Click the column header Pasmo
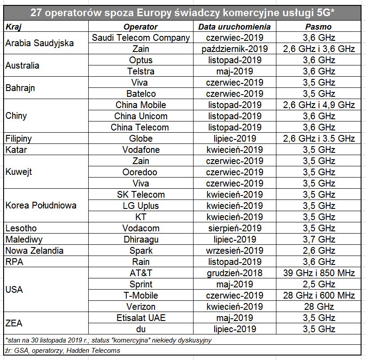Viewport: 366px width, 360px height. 319,27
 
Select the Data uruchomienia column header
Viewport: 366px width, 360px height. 234,27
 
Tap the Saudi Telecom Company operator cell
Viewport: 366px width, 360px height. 141,38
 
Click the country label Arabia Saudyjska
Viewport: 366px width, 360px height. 39,43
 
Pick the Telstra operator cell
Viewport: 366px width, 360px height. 141,71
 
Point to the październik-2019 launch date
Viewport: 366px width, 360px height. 235,49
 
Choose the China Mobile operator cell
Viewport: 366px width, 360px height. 141,105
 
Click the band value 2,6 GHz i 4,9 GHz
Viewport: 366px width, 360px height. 319,105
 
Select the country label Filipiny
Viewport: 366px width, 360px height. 18,139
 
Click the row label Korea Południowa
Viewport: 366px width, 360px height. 41,205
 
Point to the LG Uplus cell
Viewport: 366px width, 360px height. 141,206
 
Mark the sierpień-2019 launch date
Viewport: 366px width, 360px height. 235,228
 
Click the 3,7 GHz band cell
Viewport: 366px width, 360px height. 319,239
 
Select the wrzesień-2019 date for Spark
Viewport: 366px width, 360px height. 235,251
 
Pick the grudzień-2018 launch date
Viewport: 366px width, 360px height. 235,273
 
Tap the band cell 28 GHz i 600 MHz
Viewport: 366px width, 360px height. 319,295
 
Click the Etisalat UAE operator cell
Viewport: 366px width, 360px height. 141,318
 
